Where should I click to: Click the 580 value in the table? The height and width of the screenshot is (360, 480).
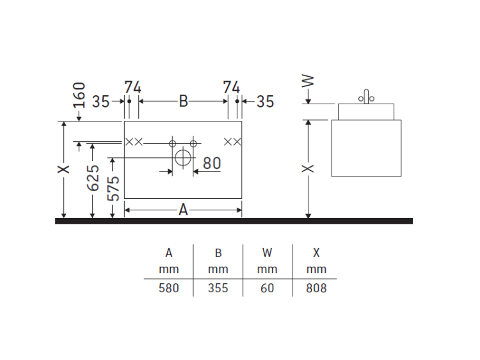169,288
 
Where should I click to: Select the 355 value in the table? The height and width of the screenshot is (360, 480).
218,288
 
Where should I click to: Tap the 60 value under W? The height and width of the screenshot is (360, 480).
268,288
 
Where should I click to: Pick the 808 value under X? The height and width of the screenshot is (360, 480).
316,288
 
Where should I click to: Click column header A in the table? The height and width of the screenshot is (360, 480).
169,253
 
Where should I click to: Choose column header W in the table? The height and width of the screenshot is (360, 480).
268,253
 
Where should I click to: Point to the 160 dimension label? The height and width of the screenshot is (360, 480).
79,95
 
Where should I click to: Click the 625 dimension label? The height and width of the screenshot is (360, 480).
93,178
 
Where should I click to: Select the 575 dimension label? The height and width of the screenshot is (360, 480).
113,189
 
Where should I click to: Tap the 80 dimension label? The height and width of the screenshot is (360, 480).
212,163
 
